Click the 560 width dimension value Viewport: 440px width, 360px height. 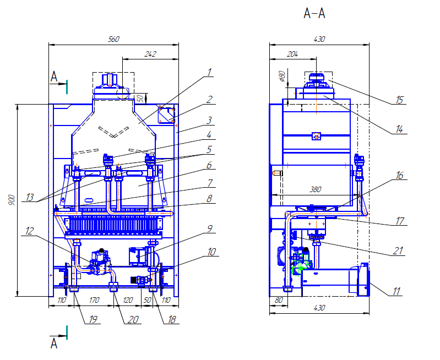[114, 39]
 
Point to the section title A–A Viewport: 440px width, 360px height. [314, 14]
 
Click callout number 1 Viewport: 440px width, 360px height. [209, 72]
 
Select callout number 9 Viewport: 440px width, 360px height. [210, 228]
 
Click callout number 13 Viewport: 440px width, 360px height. [28, 197]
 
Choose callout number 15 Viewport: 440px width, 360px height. [400, 100]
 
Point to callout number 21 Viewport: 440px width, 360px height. [399, 251]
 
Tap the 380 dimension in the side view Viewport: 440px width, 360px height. [315, 189]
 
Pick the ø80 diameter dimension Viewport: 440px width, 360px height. [281, 75]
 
